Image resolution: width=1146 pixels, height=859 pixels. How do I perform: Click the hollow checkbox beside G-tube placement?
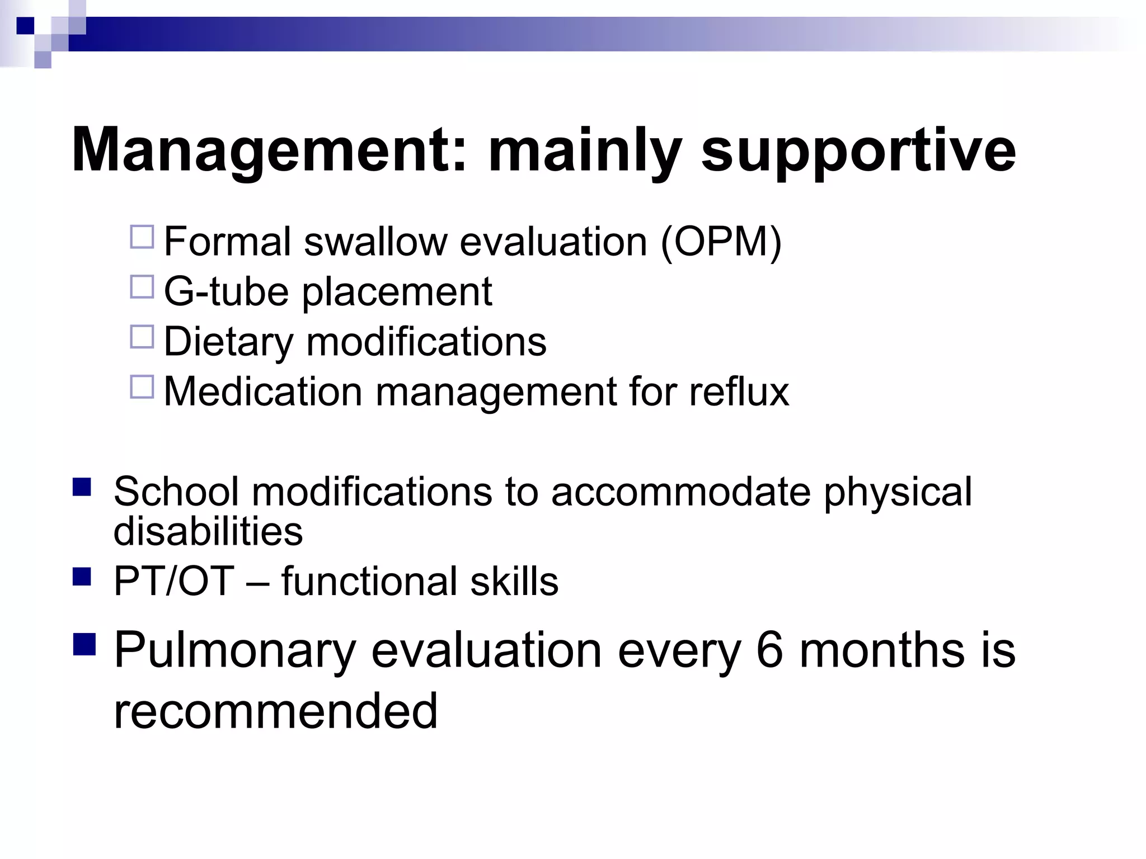(x=142, y=287)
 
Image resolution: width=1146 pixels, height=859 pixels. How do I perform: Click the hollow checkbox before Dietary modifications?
(x=142, y=337)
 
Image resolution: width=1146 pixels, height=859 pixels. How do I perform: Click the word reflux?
(x=739, y=391)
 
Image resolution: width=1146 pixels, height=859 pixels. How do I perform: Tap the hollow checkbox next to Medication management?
(x=142, y=386)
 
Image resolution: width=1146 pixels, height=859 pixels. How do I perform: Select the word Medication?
(x=263, y=391)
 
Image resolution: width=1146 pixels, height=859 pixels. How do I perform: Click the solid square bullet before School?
(x=82, y=487)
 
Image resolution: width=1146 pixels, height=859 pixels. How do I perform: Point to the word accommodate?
(x=680, y=492)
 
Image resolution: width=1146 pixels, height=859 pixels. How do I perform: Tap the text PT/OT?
(x=173, y=581)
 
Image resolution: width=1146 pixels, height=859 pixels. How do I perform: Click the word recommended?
(x=275, y=711)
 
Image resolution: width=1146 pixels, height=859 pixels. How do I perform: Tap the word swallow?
(x=375, y=242)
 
